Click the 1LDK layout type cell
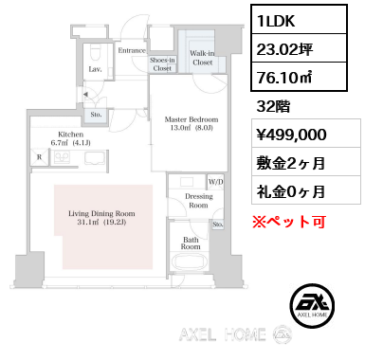[299, 19]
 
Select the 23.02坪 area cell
[299, 48]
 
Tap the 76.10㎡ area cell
[299, 77]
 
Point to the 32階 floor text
[273, 106]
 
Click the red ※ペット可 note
[289, 222]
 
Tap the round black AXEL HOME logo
[312, 305]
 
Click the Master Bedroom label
[192, 123]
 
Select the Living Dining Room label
[101, 218]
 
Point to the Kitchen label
[71, 138]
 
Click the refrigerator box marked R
[40, 156]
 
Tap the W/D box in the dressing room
[215, 182]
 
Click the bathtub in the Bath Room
[190, 261]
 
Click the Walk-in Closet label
[202, 58]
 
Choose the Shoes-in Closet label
[162, 64]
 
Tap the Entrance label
[132, 50]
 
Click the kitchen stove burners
[62, 157]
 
